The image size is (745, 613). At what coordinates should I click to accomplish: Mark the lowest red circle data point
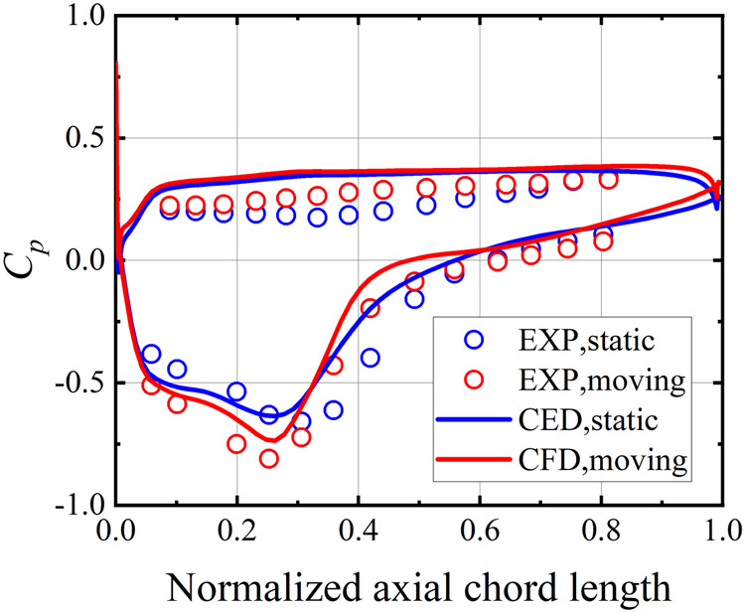(268, 458)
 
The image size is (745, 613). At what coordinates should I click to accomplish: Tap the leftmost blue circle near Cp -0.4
(151, 354)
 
